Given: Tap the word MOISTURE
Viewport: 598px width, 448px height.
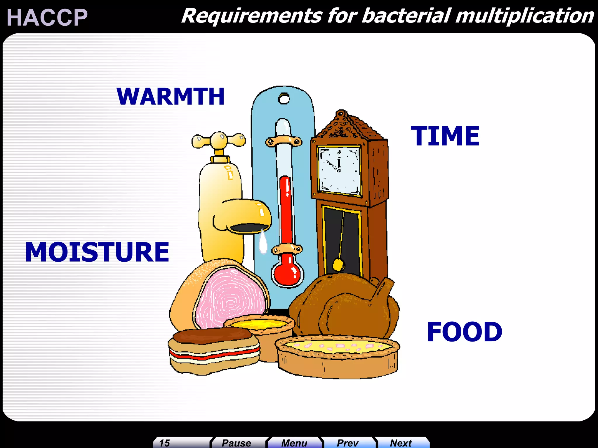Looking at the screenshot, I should click(x=97, y=252).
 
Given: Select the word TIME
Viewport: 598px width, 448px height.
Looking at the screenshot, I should click(x=445, y=136).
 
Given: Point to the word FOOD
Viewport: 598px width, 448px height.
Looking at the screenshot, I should click(x=464, y=332).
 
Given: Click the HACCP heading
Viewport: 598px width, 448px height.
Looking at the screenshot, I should click(x=47, y=17).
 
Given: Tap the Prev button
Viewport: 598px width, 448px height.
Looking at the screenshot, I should click(x=347, y=443).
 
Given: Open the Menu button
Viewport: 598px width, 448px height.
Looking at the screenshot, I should click(x=294, y=443).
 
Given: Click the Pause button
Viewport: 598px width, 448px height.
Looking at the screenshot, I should click(x=237, y=443).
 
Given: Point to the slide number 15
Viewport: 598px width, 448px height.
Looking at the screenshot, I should click(x=165, y=443).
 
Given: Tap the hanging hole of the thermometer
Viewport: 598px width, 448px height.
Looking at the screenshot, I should click(x=284, y=99).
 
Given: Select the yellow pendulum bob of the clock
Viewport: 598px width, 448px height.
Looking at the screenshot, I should click(x=338, y=265).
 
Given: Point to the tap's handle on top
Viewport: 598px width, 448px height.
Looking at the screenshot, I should click(x=219, y=140).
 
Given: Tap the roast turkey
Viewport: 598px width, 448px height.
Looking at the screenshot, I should click(x=345, y=306).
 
